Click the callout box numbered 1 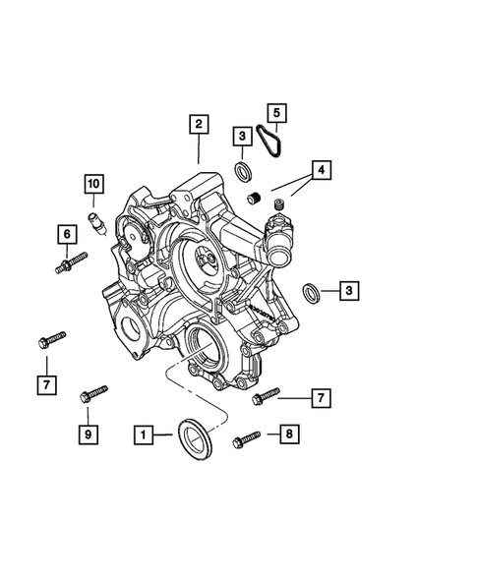(x=143, y=433)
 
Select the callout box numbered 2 (x=199, y=124)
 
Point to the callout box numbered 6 (x=66, y=234)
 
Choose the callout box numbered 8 (x=287, y=433)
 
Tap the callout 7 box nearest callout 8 (x=319, y=397)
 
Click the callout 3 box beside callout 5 (x=241, y=135)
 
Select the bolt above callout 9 (x=94, y=395)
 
